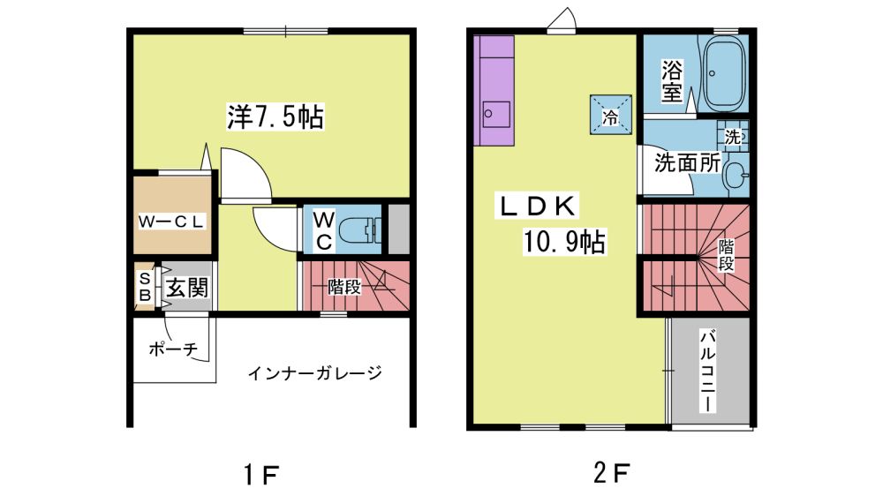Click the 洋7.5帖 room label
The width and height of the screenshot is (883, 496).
point(275,116)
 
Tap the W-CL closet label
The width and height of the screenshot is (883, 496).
point(171,222)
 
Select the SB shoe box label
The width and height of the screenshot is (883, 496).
point(145,286)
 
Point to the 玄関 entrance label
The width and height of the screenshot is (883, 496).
point(187,288)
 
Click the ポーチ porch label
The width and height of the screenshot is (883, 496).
point(173,349)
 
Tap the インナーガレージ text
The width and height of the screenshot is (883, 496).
point(315,372)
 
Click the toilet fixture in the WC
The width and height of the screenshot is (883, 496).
point(360,229)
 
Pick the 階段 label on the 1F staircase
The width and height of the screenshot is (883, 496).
point(344,287)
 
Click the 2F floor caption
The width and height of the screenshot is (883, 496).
point(611,473)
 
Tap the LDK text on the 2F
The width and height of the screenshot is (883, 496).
point(537,206)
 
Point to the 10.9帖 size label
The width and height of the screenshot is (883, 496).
point(565,242)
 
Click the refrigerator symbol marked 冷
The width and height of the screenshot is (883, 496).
point(611,114)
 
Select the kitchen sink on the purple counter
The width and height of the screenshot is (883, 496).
point(496,114)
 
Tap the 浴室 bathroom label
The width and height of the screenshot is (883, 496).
point(672,81)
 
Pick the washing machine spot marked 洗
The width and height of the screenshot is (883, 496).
point(733,136)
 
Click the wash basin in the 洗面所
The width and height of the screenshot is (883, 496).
point(736,175)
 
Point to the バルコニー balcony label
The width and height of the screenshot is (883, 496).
point(707,371)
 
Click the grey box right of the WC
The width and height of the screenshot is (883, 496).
point(399,229)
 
